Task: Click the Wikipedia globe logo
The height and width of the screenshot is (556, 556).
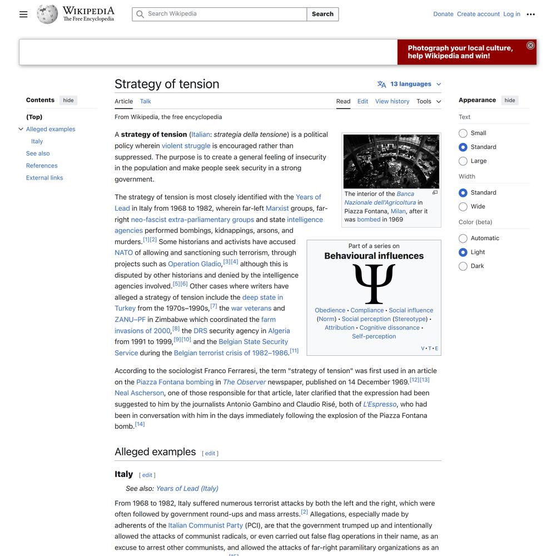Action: pos(47,14)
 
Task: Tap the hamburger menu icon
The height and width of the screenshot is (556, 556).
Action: pos(23,14)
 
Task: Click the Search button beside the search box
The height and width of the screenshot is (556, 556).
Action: pos(322,14)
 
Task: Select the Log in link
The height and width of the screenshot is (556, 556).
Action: pos(512,14)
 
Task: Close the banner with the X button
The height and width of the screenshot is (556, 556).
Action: pos(530,46)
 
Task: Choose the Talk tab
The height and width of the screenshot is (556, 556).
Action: pos(146,101)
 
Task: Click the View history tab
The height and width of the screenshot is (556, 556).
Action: pos(392,101)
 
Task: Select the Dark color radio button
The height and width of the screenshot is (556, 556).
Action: pos(463,266)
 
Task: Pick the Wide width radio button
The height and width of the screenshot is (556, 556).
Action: pos(463,206)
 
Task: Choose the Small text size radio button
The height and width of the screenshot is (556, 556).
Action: pos(463,133)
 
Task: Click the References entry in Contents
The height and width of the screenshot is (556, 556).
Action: pos(42,166)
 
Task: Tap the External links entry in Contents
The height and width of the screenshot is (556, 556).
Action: pos(44,178)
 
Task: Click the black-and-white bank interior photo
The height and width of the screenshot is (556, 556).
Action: pos(391,161)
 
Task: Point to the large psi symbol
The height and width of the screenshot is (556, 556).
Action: pos(374,284)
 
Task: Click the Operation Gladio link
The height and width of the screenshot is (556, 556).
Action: pos(195,264)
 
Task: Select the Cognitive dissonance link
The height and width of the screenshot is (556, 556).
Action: pos(389,327)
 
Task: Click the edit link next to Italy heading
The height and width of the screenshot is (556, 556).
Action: pos(147,475)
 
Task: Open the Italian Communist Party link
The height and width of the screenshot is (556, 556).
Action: pos(206,525)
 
